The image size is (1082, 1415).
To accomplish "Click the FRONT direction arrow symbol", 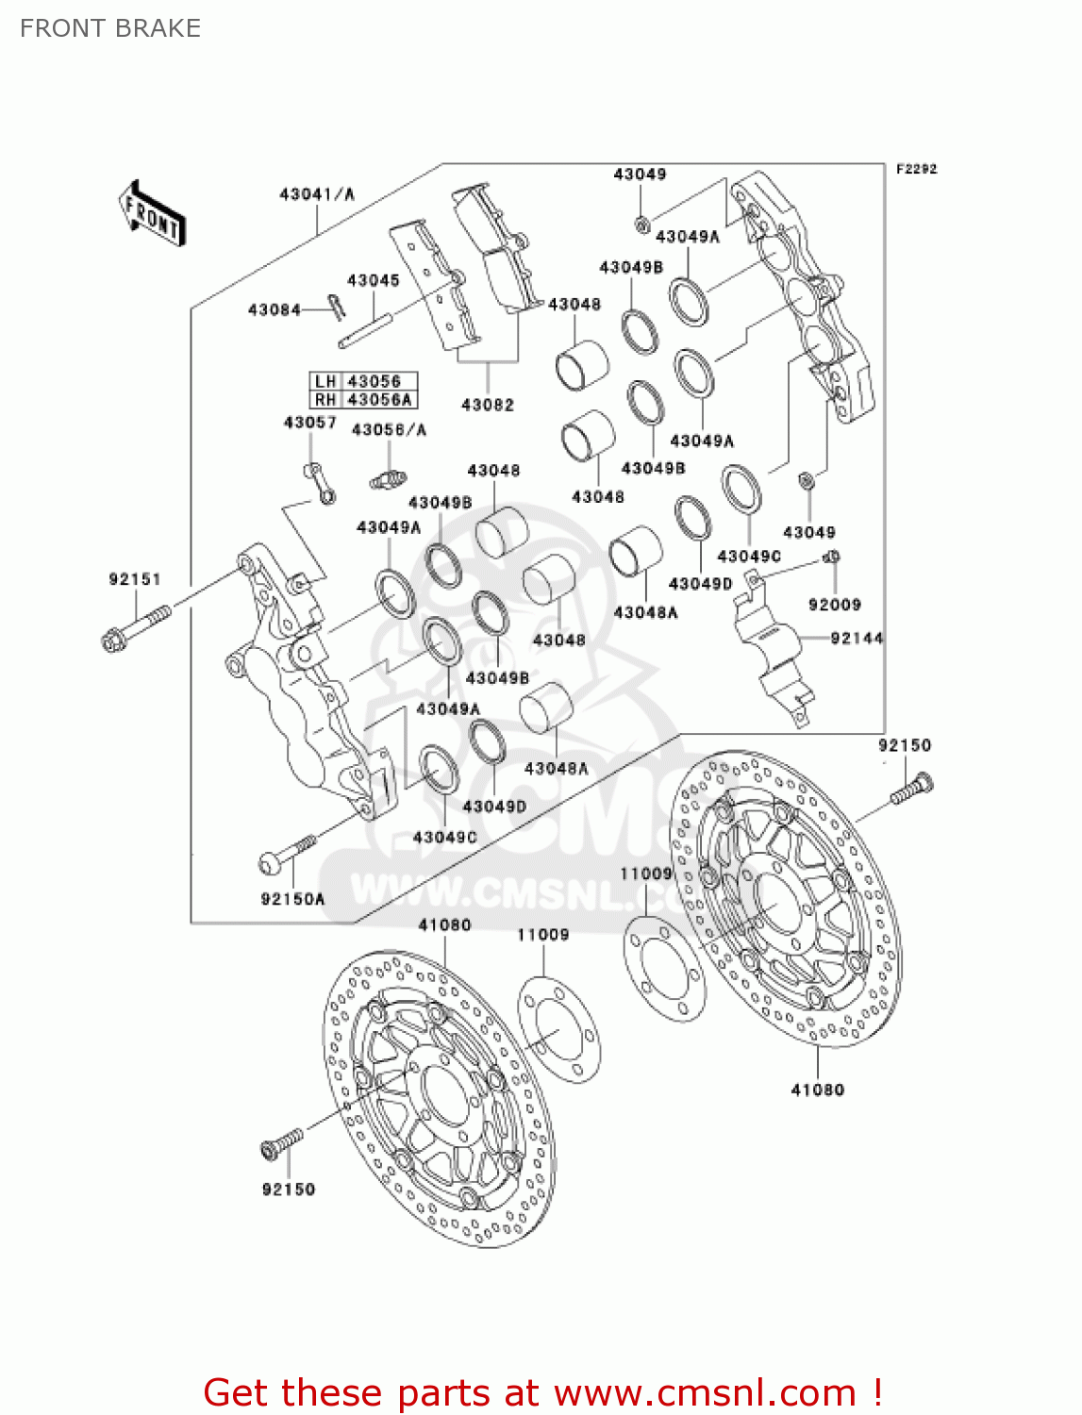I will point(152,214).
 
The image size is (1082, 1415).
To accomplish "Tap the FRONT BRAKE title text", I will point(110,28).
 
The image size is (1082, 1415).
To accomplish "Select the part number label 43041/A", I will point(316,194).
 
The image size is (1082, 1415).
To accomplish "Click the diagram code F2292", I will point(916,169).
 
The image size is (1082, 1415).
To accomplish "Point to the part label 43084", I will point(274,309).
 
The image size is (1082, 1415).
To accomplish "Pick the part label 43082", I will point(487,405).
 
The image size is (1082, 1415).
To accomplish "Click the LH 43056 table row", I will point(363,381).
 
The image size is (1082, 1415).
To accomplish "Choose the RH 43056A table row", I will point(363,399).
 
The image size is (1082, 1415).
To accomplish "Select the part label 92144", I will point(857,638).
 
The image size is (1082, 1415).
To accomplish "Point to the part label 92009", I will point(834,605).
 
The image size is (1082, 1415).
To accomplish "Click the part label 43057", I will point(309,423).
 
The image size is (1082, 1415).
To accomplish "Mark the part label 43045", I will point(373,280).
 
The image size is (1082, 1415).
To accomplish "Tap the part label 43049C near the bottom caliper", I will point(444,837).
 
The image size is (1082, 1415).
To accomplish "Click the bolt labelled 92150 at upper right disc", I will point(911,791).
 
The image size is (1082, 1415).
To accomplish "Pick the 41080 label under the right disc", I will point(817,1090).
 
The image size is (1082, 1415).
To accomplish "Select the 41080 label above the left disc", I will point(444,924).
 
